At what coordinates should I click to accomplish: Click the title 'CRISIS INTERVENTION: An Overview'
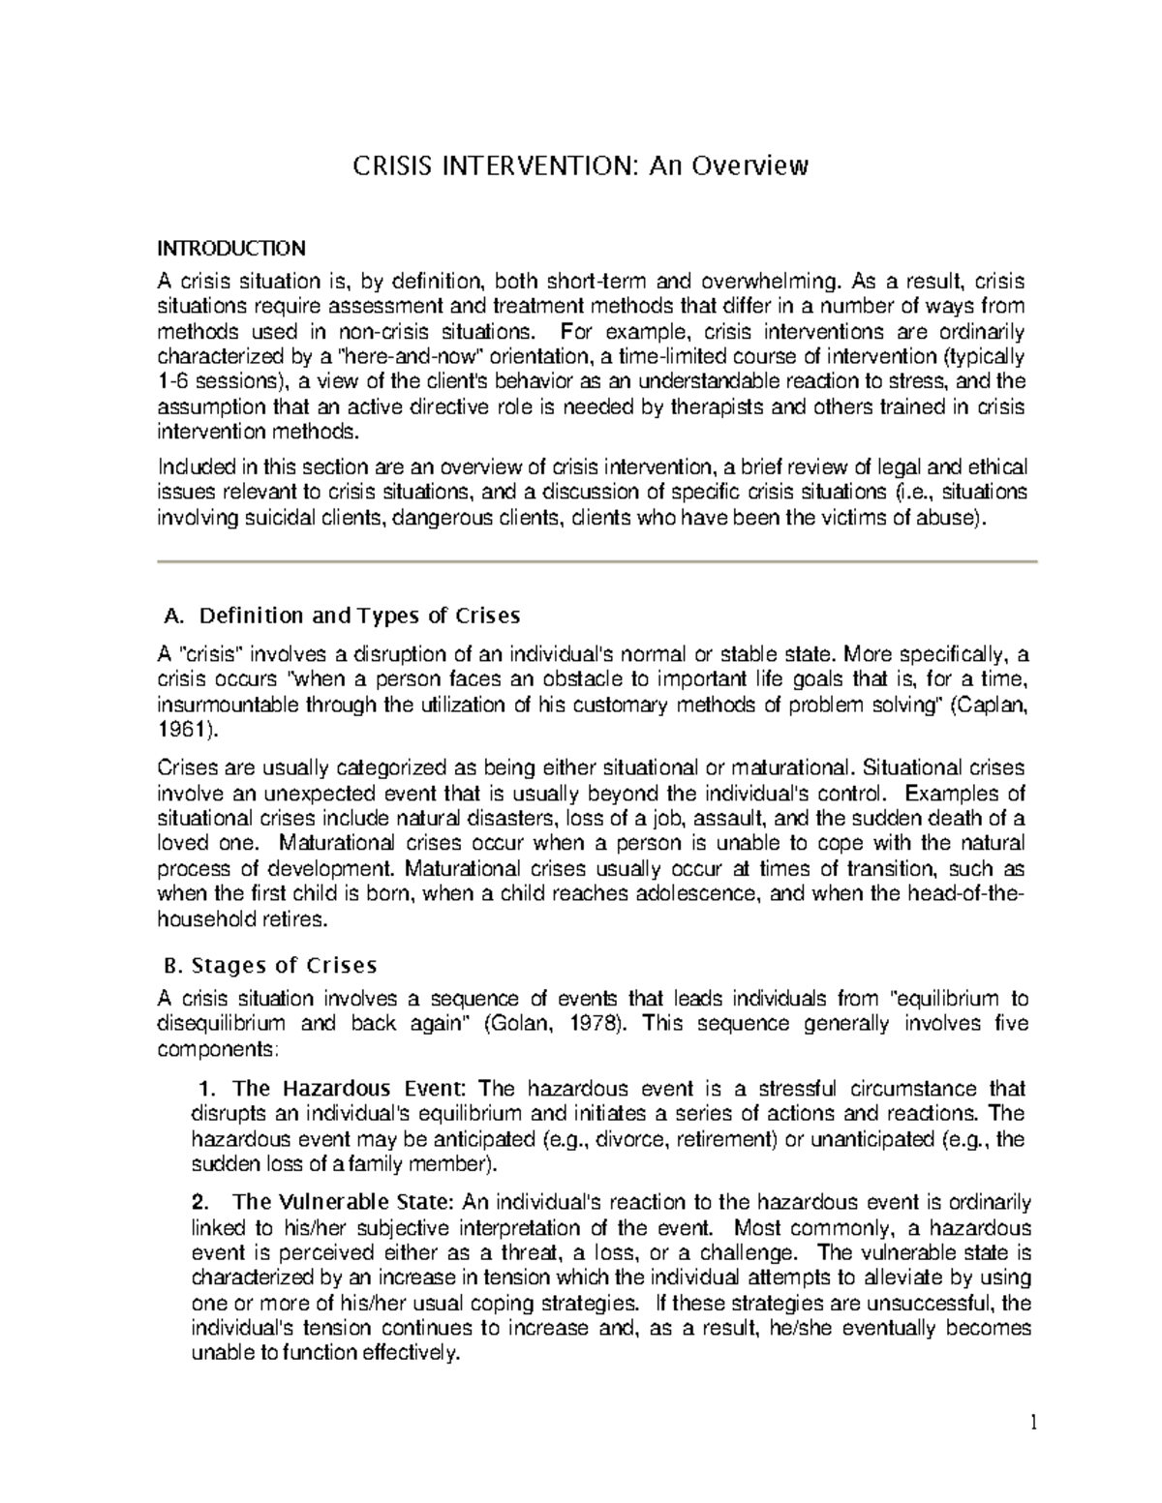pyautogui.click(x=579, y=167)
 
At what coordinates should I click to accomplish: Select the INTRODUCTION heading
pyautogui.click(x=230, y=249)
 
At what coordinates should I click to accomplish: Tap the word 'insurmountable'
pyautogui.click(x=226, y=705)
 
